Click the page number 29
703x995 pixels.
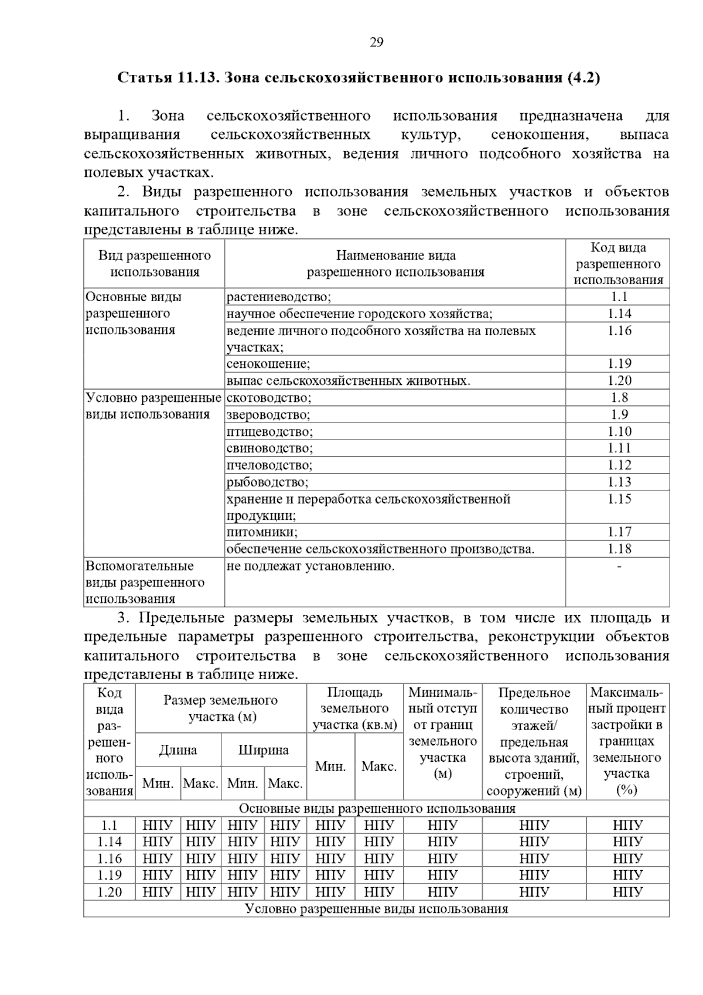376,42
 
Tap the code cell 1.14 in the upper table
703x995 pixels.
619,314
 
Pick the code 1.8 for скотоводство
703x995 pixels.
619,398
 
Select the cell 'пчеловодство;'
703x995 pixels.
269,465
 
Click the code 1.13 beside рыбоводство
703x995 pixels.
619,482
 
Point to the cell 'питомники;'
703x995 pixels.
262,532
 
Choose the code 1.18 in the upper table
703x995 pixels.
619,549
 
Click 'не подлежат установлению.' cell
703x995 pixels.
310,566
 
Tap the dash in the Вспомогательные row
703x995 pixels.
619,566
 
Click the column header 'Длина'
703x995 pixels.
178,750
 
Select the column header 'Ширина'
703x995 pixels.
264,750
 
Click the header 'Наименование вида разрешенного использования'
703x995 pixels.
395,264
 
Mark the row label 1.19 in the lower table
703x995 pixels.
110,875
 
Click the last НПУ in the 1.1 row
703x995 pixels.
627,826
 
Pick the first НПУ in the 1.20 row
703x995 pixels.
158,892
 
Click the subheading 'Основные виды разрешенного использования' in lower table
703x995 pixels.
377,809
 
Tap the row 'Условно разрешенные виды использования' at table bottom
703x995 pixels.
377,909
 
